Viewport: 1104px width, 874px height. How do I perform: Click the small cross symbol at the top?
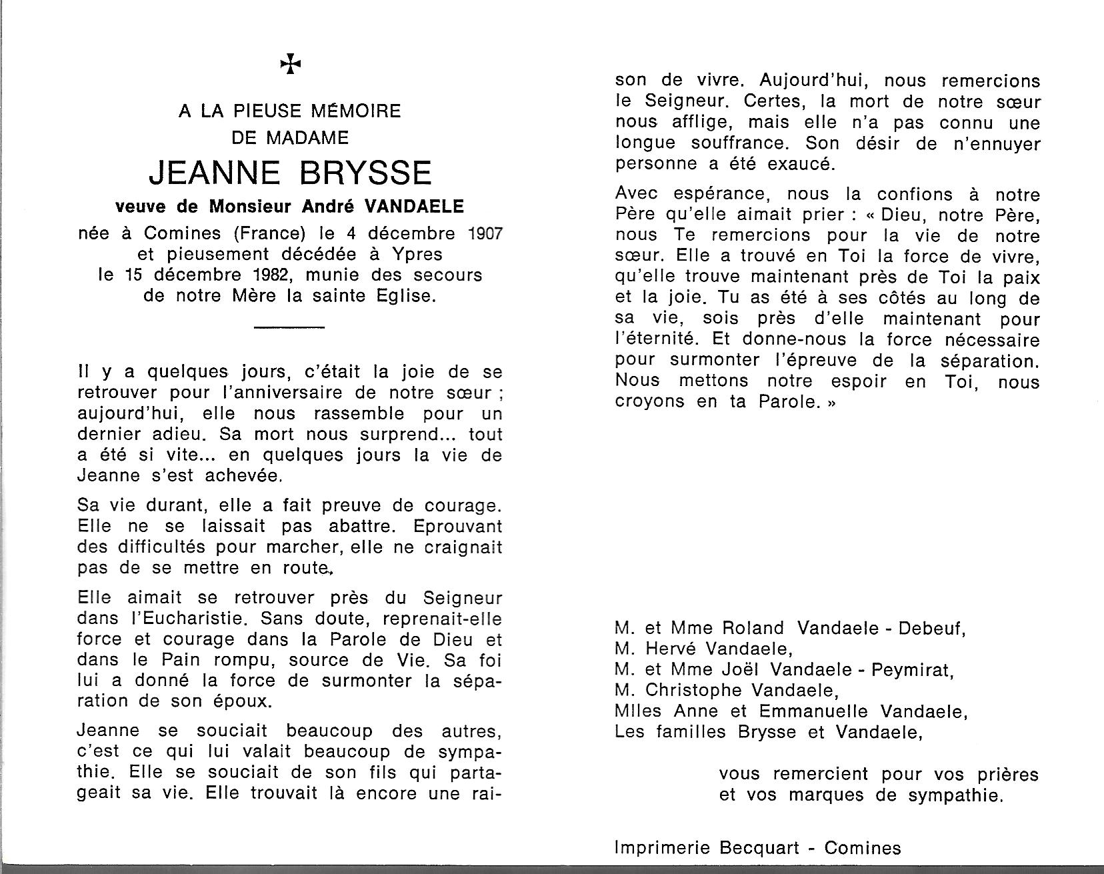tap(290, 65)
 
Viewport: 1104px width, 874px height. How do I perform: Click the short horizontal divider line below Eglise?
tap(290, 327)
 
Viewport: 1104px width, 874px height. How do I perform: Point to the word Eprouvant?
tap(457, 526)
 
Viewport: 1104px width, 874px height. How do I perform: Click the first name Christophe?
tap(693, 691)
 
